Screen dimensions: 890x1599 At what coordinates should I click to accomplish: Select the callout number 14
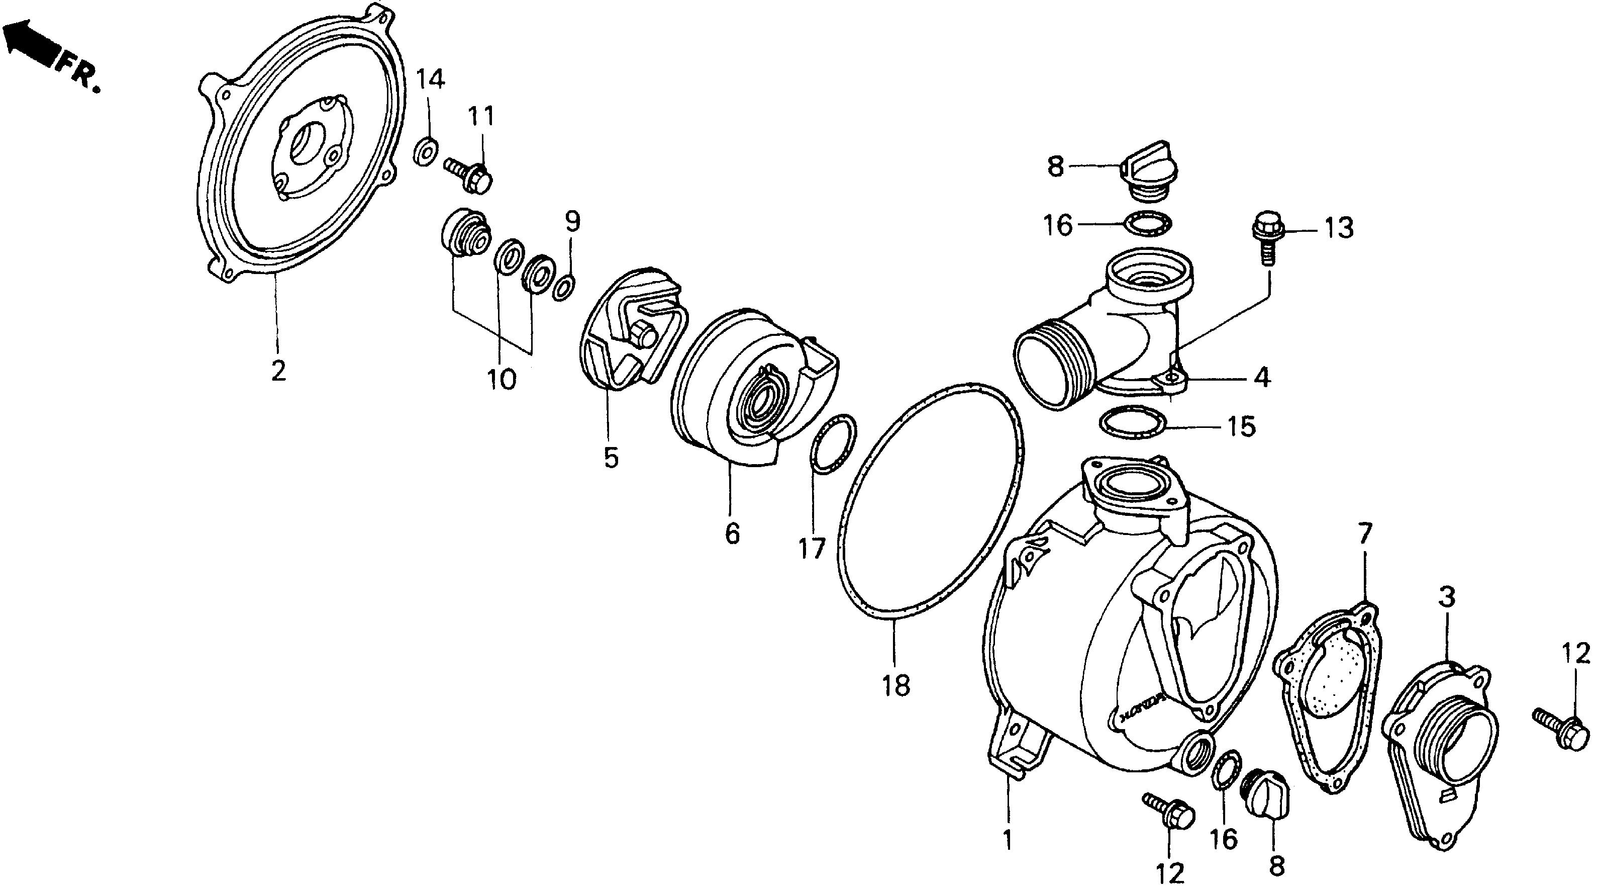430,79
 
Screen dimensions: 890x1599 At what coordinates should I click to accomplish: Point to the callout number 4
1261,377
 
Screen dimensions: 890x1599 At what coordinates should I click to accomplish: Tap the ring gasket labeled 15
1132,423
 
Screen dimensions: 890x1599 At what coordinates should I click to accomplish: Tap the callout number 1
1008,840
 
